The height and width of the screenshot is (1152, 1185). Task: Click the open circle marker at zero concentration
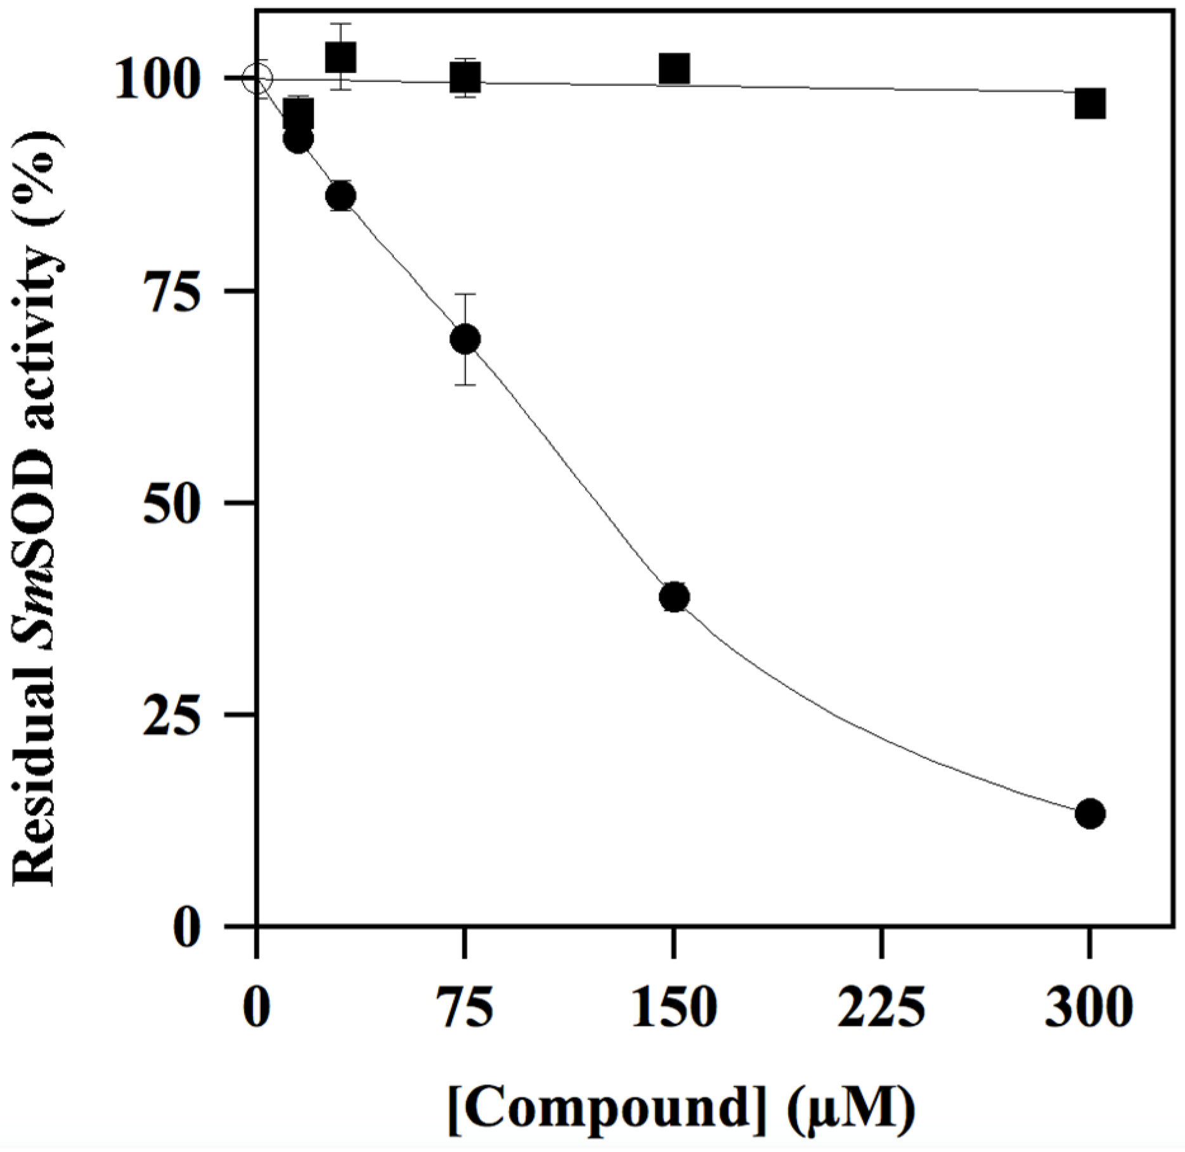257,79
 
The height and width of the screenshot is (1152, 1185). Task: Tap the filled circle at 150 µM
673,597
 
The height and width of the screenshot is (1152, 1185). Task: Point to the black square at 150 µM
673,69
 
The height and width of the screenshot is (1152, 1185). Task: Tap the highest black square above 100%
340,57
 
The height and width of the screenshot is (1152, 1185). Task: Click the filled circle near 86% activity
340,197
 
